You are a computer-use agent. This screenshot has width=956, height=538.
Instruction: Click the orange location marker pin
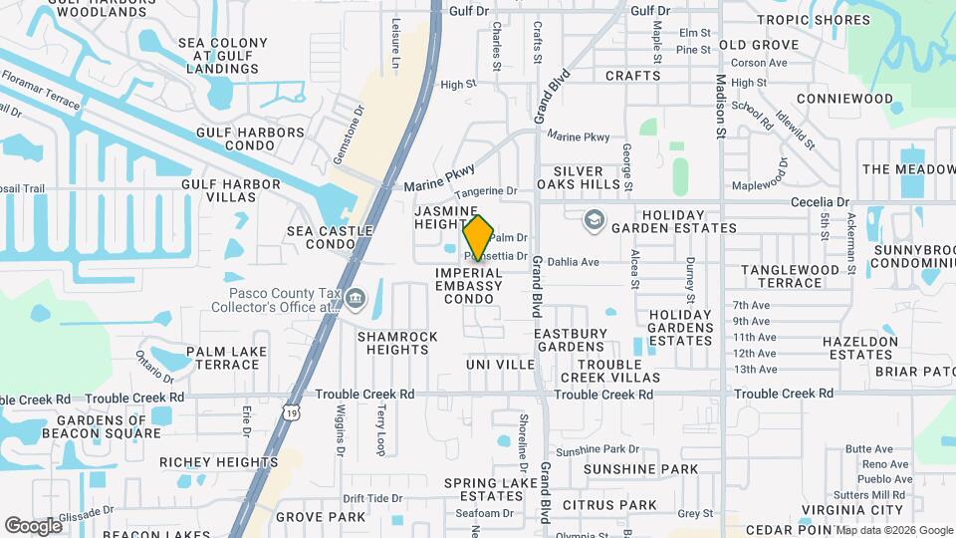pyautogui.click(x=478, y=238)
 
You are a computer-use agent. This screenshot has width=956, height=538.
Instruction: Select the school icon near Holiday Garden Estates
pyautogui.click(x=595, y=218)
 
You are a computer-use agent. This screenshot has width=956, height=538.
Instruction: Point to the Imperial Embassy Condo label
pyautogui.click(x=468, y=286)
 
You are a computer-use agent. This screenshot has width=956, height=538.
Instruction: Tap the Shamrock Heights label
pyautogui.click(x=397, y=343)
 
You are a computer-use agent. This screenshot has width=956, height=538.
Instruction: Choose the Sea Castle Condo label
pyautogui.click(x=330, y=237)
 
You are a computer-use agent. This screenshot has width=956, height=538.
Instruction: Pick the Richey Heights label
pyautogui.click(x=218, y=462)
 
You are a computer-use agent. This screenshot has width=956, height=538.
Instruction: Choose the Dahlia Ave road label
pyautogui.click(x=573, y=262)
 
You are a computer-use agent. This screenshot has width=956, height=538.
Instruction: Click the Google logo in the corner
pyautogui.click(x=33, y=525)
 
